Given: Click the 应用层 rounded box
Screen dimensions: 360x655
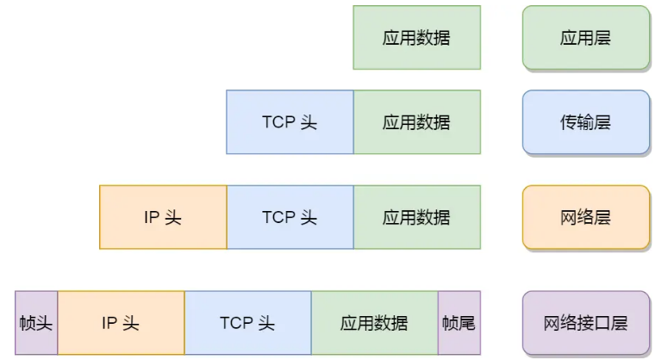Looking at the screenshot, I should tap(585, 38).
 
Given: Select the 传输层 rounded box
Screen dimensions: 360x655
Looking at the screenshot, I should tap(585, 122).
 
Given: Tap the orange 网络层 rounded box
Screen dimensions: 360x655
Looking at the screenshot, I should tap(585, 217).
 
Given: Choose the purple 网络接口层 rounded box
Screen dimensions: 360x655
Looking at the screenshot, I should tap(585, 323).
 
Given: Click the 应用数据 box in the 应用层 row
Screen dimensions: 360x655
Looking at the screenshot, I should tap(416, 38).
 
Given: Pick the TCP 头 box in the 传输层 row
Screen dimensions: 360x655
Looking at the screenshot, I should tap(290, 122).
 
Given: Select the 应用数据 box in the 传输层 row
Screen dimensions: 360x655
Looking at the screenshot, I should tap(416, 122).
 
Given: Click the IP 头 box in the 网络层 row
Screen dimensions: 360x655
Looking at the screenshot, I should tap(163, 217).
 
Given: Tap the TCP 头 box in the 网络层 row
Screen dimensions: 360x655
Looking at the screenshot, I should tap(290, 217).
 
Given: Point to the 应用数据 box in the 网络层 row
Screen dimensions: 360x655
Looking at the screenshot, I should tap(416, 217).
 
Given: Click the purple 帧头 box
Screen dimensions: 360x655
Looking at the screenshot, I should tap(36, 323).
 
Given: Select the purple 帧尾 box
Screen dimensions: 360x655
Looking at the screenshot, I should tap(458, 323).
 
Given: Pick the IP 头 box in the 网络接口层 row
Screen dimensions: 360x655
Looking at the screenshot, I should tap(121, 323).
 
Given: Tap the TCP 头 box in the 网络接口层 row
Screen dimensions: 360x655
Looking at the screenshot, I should tap(247, 323).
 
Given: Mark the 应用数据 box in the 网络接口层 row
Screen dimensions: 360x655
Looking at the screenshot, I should tap(374, 323).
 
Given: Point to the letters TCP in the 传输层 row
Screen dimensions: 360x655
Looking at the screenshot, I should tap(278, 122).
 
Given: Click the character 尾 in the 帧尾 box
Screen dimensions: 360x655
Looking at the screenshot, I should tap(466, 324).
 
